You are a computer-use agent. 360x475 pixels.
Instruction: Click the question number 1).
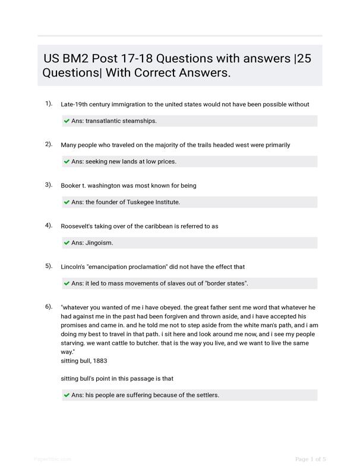tap(49, 104)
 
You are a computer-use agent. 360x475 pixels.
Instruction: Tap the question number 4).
tap(49, 226)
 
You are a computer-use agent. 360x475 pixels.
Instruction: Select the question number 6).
tap(49, 307)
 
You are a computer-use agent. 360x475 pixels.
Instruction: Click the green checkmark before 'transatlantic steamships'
tap(67, 121)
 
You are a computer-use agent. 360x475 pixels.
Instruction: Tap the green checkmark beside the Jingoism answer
tap(67, 243)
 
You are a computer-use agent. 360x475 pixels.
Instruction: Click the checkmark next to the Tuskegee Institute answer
tap(67, 202)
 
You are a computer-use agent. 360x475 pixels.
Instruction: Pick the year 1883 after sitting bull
tap(99, 361)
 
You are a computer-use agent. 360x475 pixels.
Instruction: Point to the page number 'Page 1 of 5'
tap(311, 460)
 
